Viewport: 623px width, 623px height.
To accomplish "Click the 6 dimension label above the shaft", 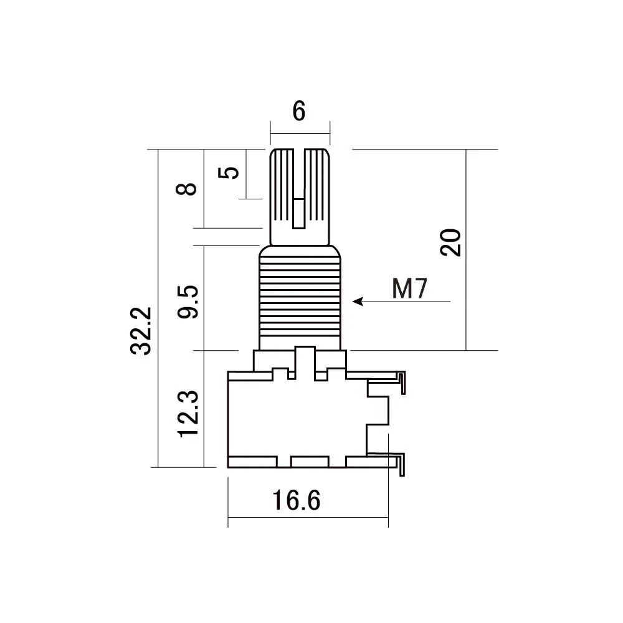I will click(x=299, y=112).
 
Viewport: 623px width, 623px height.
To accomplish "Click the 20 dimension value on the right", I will click(x=450, y=242).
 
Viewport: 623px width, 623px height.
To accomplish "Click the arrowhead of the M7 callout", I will click(x=358, y=302).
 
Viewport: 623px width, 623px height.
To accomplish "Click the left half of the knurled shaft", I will click(x=282, y=193).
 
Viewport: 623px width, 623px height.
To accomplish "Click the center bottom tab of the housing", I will click(x=310, y=462).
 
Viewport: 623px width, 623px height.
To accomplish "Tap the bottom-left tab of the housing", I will click(x=252, y=462).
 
